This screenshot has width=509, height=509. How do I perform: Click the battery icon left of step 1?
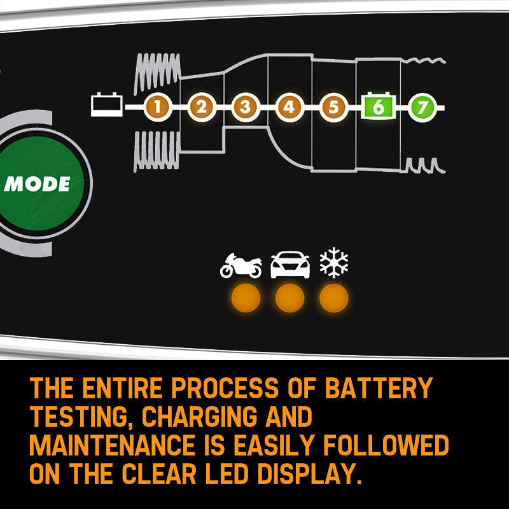point(107,106)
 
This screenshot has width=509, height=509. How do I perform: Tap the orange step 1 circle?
point(157,107)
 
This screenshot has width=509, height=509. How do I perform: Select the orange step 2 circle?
point(201,107)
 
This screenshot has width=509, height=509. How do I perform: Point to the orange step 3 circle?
point(245,107)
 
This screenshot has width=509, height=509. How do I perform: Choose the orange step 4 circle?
point(289,107)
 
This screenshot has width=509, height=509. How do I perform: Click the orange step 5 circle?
point(333,107)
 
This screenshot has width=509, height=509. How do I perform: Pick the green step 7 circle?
point(421,107)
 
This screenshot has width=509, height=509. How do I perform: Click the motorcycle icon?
point(241,265)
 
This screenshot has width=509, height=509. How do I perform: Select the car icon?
point(290,265)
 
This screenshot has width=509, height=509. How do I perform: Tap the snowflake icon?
point(334,263)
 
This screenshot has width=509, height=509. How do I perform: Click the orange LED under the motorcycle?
point(246,298)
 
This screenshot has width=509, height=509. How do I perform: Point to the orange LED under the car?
point(290,298)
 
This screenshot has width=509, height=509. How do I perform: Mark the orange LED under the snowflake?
point(334,298)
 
